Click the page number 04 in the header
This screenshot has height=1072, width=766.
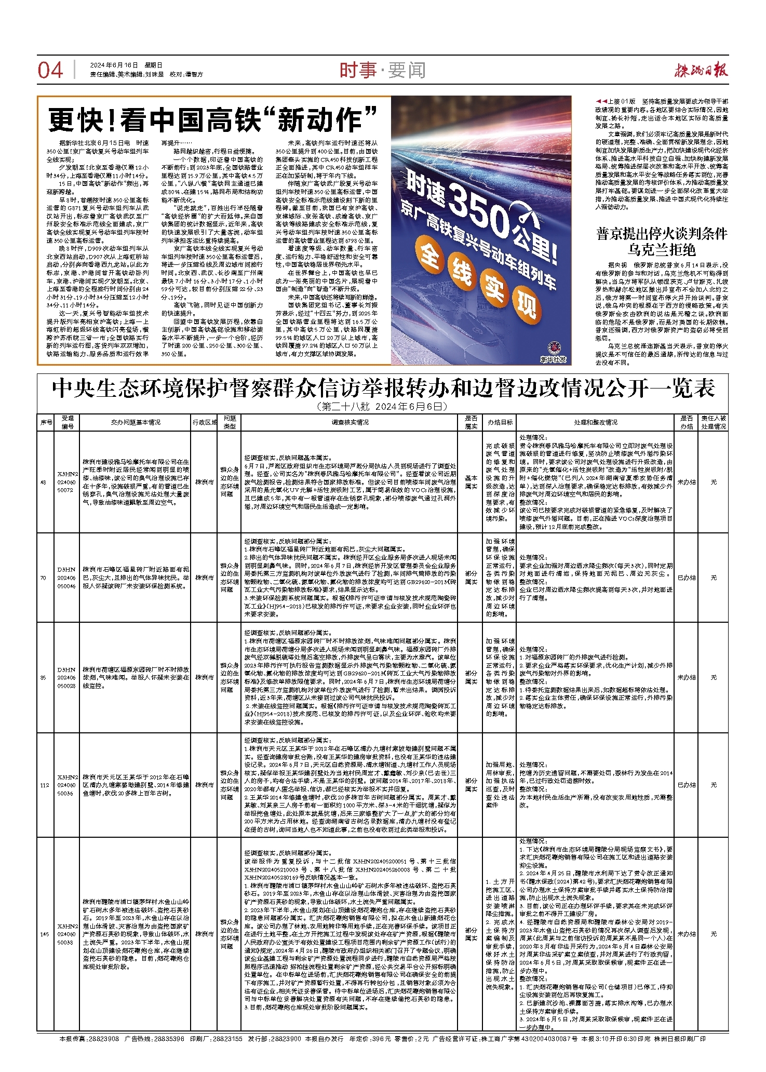(50, 70)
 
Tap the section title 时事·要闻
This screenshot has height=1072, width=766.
(383, 70)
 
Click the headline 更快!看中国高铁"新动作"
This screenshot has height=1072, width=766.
(212, 119)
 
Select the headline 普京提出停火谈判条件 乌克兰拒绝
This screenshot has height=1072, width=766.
(662, 242)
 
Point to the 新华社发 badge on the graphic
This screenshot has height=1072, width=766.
(553, 353)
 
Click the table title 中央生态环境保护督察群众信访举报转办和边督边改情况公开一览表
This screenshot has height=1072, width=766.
(383, 388)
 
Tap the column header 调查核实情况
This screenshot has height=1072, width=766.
(350, 422)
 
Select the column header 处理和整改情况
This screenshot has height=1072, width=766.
(596, 422)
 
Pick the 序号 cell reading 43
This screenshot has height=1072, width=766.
(44, 482)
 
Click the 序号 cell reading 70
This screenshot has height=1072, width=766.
(44, 578)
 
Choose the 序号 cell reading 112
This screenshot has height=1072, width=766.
(45, 785)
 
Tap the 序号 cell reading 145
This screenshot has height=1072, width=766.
(45, 934)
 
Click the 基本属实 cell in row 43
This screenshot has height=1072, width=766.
(471, 482)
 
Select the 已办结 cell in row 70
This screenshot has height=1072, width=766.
(686, 578)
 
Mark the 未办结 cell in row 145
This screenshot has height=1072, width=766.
(686, 934)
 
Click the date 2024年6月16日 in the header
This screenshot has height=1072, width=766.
(114, 65)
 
